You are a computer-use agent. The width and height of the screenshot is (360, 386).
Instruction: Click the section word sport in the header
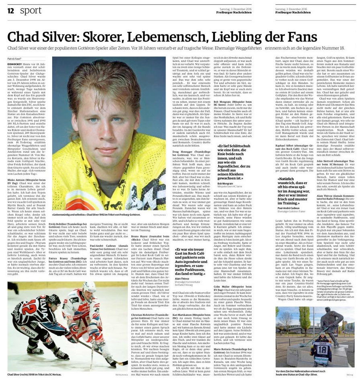tap(31, 10)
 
